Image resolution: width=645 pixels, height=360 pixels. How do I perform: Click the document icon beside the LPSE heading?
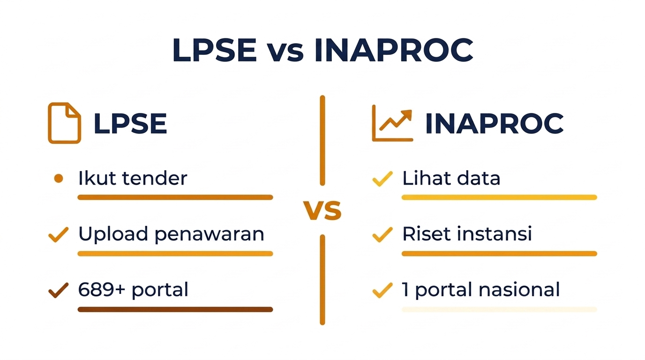point(64,123)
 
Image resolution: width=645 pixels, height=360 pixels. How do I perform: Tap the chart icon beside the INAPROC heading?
point(392,123)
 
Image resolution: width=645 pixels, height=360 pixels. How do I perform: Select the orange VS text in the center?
point(322,210)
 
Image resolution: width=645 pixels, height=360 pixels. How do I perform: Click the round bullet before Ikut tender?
point(59,178)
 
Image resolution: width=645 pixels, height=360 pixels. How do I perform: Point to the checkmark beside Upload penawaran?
point(59,234)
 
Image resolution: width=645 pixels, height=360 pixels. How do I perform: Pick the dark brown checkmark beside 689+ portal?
point(59,290)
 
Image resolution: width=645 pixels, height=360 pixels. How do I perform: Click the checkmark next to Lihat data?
point(382,179)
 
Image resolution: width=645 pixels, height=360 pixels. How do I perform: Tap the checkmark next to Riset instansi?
point(382,234)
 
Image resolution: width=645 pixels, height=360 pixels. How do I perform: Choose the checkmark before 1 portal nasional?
point(382,290)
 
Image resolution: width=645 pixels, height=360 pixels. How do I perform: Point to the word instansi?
point(501,234)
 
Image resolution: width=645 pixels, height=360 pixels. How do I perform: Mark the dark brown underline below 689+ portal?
point(175,309)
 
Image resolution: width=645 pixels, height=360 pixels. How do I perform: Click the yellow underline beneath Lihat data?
point(499,197)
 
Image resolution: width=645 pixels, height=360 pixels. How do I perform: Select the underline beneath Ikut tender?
point(175,197)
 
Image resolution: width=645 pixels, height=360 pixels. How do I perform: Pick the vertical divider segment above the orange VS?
point(322,140)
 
